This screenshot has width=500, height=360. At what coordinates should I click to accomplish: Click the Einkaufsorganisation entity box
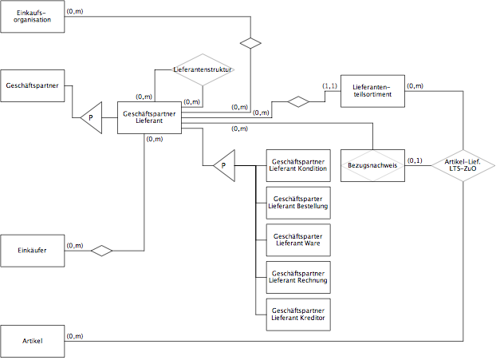click(32, 16)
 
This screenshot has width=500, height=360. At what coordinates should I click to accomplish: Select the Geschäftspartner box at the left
click(32, 85)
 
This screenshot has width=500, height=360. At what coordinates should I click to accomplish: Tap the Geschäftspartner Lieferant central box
click(149, 117)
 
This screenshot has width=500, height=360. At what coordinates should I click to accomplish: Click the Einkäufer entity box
click(32, 251)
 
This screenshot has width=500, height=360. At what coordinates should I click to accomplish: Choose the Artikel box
click(32, 341)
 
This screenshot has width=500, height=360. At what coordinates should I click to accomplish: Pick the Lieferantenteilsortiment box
click(372, 91)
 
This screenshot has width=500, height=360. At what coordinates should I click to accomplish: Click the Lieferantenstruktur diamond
click(203, 69)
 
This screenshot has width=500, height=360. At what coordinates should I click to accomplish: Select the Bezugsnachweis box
click(372, 165)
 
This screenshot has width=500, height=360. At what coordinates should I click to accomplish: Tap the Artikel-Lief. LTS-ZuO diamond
click(463, 165)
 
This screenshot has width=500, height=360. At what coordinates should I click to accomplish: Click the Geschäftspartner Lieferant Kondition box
click(298, 165)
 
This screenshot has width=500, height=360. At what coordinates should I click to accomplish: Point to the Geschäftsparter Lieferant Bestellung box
click(298, 203)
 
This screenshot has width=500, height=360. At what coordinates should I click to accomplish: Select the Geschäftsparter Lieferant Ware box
click(298, 240)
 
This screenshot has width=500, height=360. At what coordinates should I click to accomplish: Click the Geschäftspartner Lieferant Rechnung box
click(298, 277)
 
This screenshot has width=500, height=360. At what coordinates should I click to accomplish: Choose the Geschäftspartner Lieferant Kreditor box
click(298, 315)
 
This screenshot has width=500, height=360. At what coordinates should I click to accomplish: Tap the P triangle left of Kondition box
click(224, 166)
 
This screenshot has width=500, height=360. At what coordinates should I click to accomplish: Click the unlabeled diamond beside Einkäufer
click(102, 251)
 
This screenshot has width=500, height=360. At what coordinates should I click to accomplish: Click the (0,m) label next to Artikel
click(75, 336)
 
